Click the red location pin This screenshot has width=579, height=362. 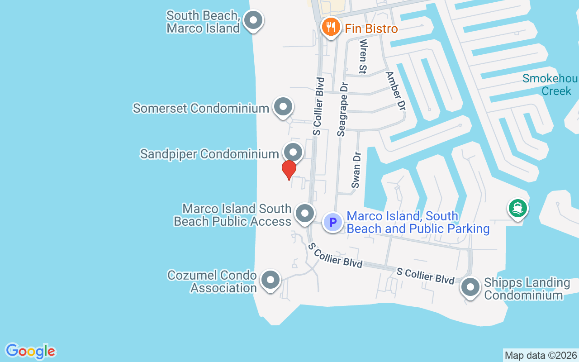click(289, 170)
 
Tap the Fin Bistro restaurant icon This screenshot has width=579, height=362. click(331, 27)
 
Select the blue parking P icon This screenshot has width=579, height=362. click(333, 222)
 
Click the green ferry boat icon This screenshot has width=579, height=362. click(518, 209)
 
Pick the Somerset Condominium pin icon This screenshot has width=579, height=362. click(283, 107)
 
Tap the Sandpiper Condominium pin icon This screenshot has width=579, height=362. click(293, 152)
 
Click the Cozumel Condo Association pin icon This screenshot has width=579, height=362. click(271, 280)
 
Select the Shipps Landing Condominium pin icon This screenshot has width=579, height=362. click(470, 287)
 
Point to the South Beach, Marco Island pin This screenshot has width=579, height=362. click(253, 20)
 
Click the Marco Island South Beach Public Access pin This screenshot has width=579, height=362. click(305, 213)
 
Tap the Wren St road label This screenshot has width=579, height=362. click(362, 56)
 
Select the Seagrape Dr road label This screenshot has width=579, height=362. click(342, 109)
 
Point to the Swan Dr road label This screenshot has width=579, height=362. click(357, 170)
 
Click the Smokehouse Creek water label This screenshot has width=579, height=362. click(550, 85)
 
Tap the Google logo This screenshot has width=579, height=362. click(30, 351)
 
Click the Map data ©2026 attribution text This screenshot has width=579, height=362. click(541, 355)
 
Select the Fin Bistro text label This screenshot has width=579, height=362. click(371, 29)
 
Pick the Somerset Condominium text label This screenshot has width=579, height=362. click(201, 109)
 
